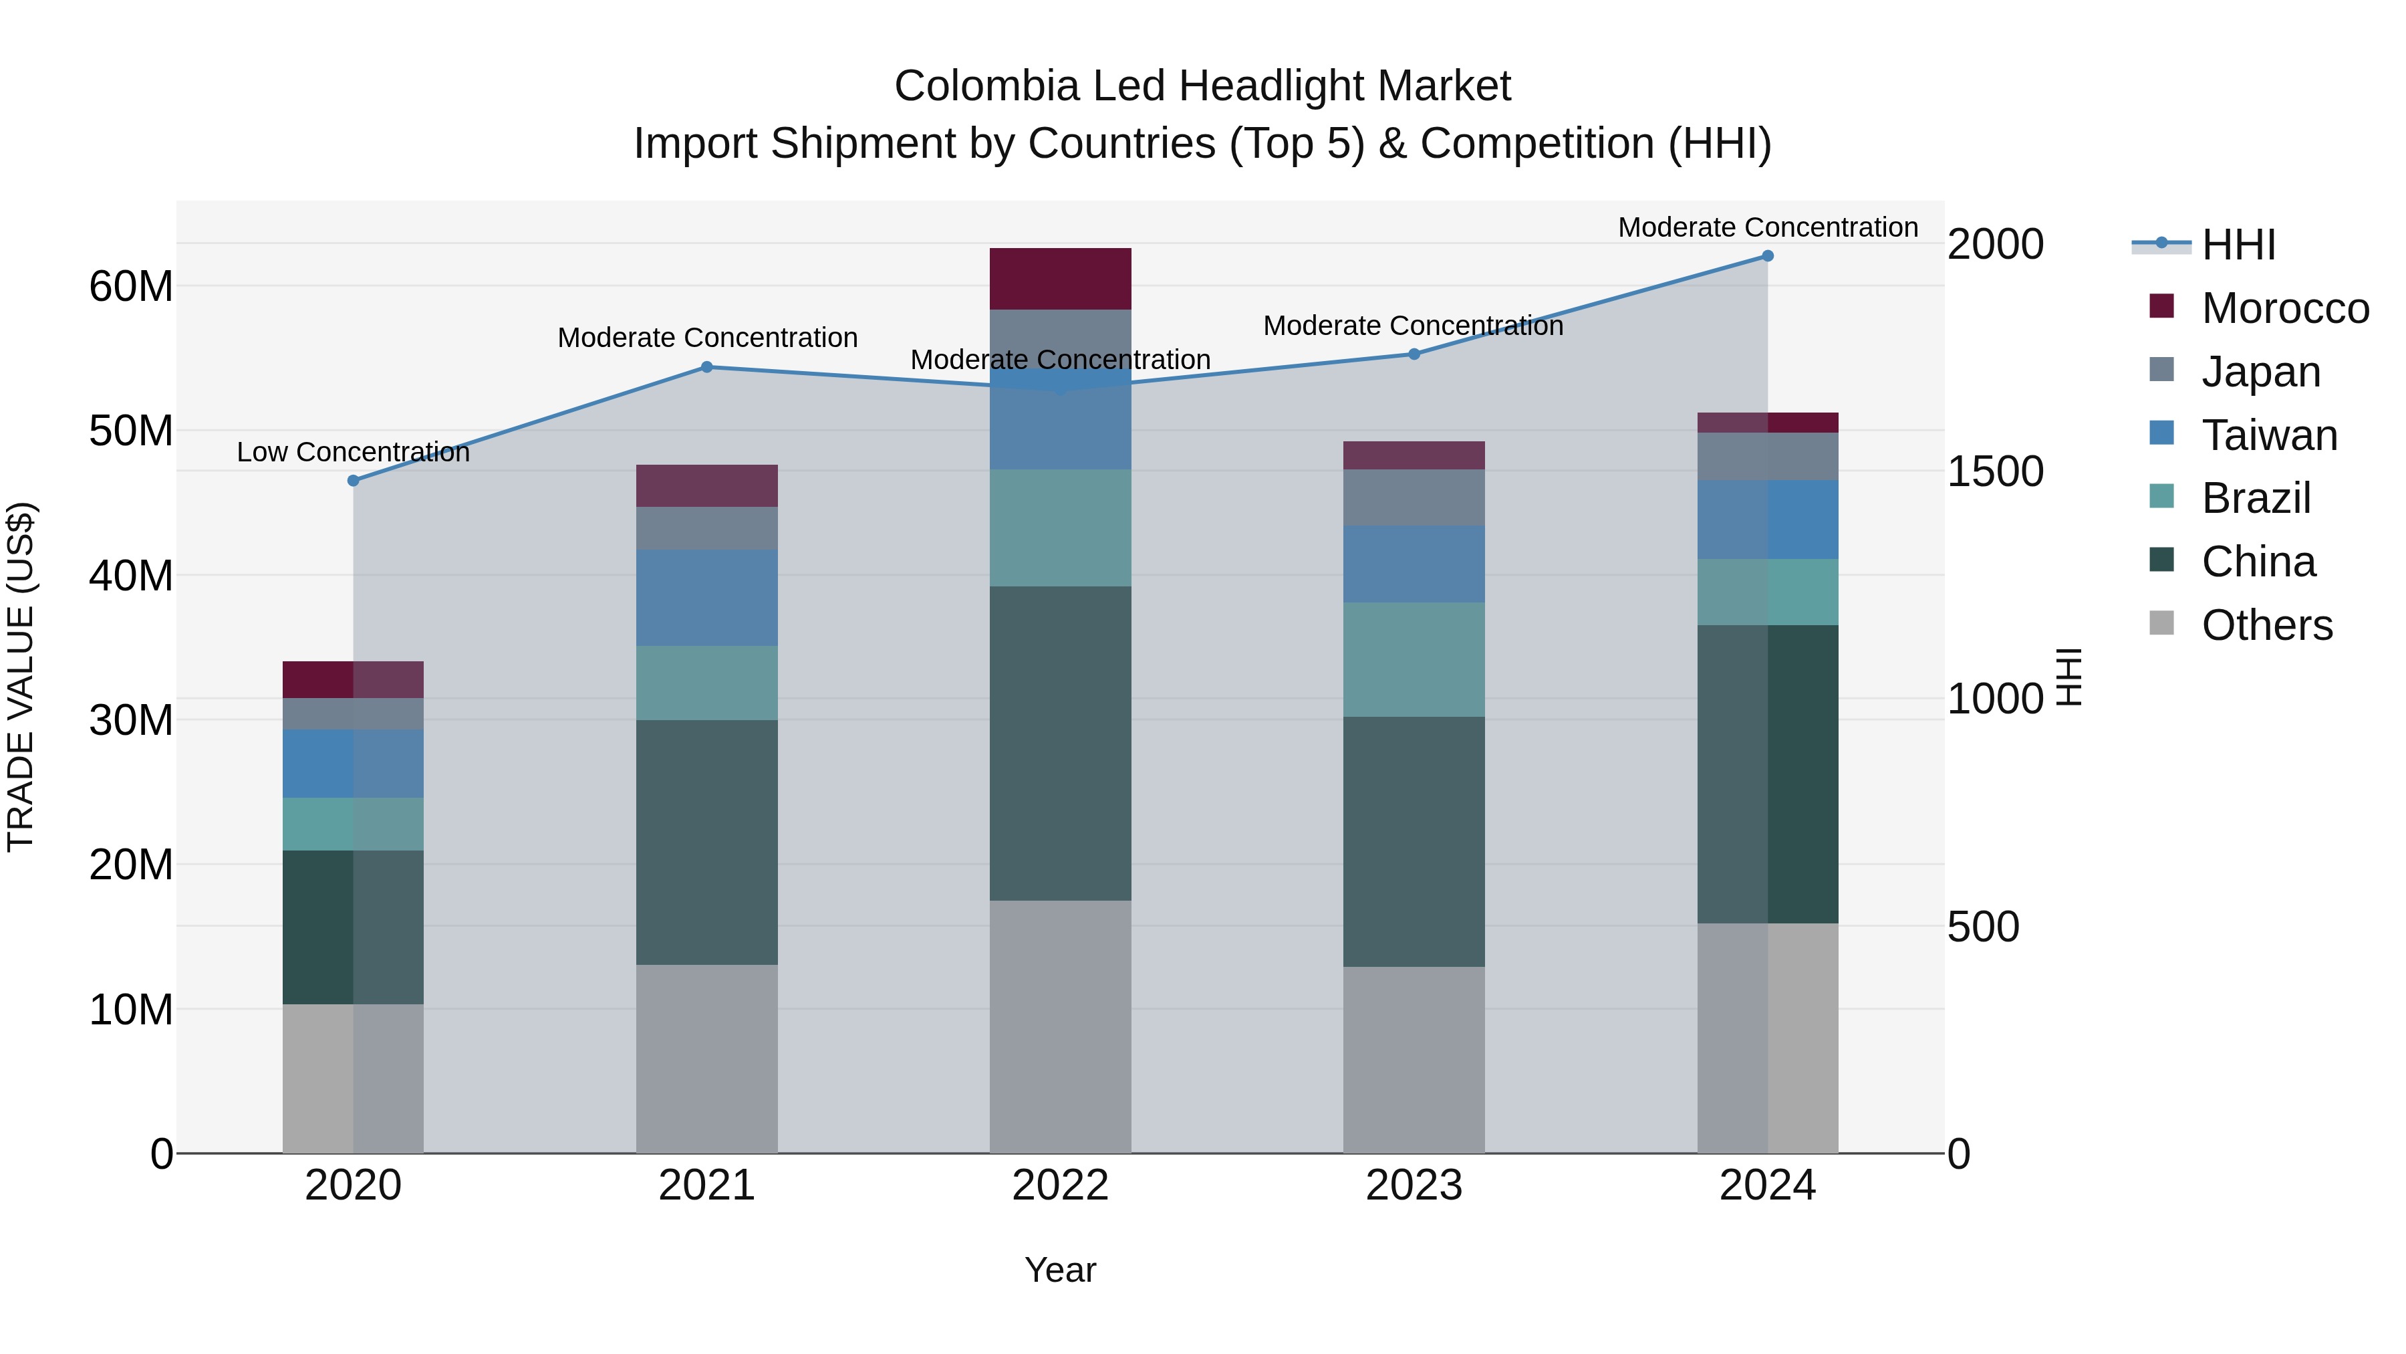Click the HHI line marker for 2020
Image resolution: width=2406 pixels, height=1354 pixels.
pos(353,480)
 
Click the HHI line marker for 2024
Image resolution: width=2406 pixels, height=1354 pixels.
pos(1767,256)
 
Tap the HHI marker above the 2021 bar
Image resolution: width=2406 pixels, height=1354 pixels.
pos(707,367)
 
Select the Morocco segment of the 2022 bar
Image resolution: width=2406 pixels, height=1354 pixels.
pos(1060,278)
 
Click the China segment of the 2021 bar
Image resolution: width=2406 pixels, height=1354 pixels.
pos(707,841)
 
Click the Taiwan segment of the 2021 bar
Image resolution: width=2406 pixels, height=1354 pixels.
pos(707,597)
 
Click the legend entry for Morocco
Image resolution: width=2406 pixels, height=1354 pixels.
pos(2284,308)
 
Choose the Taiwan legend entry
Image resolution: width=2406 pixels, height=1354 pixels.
pos(2269,435)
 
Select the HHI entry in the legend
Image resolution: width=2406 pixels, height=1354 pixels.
pos(2238,245)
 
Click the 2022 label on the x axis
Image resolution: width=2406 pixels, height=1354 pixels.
pos(1060,1186)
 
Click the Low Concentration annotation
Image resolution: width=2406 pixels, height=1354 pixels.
pos(353,452)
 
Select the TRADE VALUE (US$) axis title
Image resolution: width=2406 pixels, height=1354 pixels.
pos(21,677)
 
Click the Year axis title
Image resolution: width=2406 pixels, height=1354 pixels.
pos(1060,1270)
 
